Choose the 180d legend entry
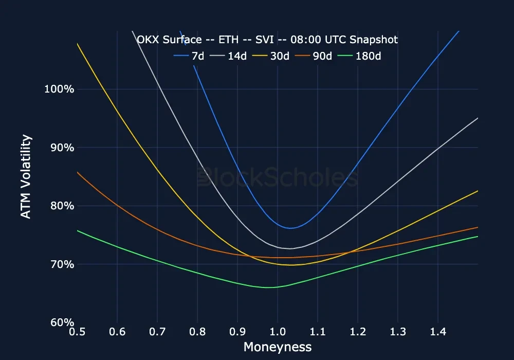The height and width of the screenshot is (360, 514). click(369, 56)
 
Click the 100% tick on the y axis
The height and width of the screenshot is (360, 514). click(57, 89)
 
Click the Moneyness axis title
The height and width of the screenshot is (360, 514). click(278, 347)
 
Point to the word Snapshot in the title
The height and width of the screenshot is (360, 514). click(374, 40)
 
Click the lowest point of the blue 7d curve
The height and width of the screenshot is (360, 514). click(290, 228)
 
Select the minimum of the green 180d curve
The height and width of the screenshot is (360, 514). click(270, 287)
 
